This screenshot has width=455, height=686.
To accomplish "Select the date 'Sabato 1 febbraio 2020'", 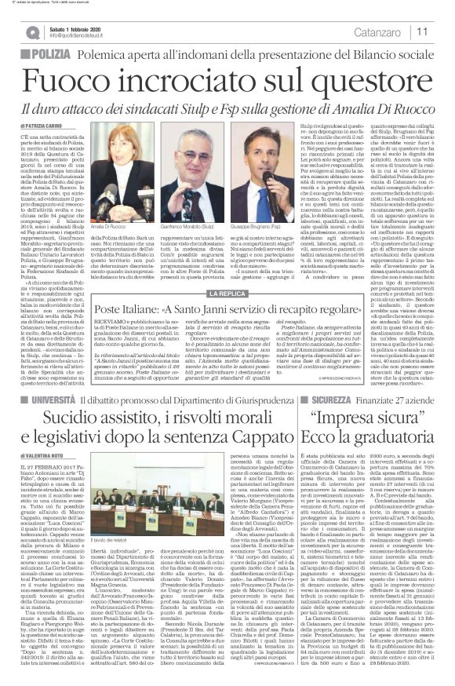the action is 82,27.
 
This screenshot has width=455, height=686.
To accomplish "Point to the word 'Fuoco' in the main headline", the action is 82,78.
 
